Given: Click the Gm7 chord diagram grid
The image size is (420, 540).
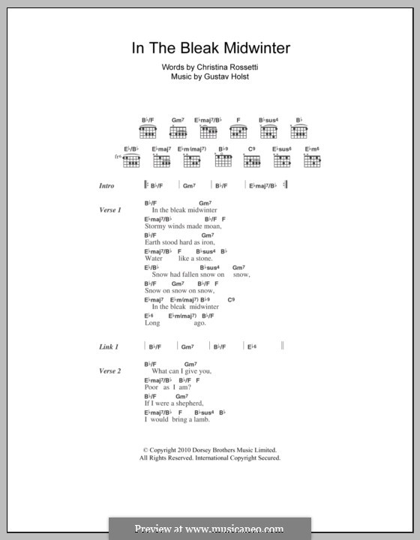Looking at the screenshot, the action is click(178, 133).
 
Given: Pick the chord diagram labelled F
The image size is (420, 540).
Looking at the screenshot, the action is click(238, 133).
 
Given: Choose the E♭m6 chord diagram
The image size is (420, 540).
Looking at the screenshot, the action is click(313, 160).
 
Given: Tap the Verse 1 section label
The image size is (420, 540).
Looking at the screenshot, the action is click(109, 211).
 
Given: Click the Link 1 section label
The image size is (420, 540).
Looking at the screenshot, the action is click(109, 347).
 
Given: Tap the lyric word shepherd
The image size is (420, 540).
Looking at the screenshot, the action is click(188, 403).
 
